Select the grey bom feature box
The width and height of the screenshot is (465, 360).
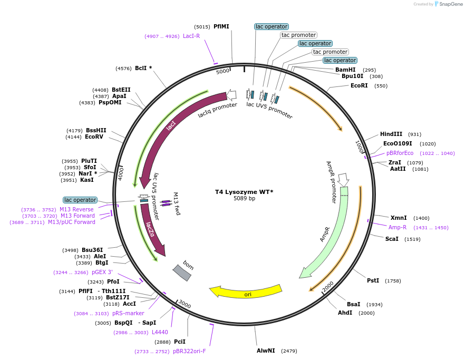[x=182, y=272]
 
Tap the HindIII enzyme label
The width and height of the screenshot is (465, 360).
[x=391, y=134]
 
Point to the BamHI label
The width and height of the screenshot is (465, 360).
[x=345, y=70]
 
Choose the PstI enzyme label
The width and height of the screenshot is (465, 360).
[x=373, y=280]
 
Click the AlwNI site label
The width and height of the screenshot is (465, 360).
[x=266, y=351]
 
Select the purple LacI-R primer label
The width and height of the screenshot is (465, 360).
[x=191, y=36]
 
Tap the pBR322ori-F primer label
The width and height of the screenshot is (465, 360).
[x=189, y=351]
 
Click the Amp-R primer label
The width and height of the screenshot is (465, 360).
[x=398, y=227]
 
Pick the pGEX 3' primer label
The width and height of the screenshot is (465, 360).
[x=102, y=272]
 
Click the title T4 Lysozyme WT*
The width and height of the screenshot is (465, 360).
[x=244, y=192]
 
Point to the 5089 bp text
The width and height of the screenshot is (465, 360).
[x=244, y=199]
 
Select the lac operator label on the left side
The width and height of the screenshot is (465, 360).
[x=80, y=200]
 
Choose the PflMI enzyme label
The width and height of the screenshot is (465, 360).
[x=221, y=26]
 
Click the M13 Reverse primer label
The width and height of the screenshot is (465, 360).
[x=76, y=209]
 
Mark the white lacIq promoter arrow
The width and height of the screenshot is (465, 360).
[x=231, y=95]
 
